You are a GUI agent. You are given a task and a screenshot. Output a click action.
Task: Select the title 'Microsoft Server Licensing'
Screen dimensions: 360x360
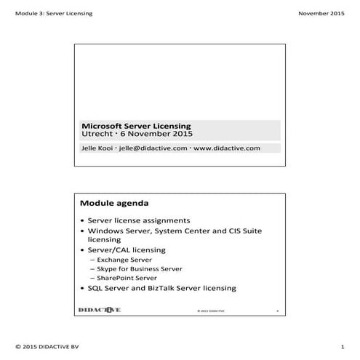click(x=136, y=126)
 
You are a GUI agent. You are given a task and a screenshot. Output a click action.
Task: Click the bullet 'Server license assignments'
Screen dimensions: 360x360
click(x=139, y=220)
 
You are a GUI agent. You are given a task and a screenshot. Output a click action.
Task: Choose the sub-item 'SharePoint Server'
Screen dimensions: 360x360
click(x=127, y=278)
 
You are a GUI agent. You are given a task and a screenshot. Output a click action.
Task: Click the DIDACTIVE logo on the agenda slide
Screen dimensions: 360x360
click(x=100, y=309)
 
